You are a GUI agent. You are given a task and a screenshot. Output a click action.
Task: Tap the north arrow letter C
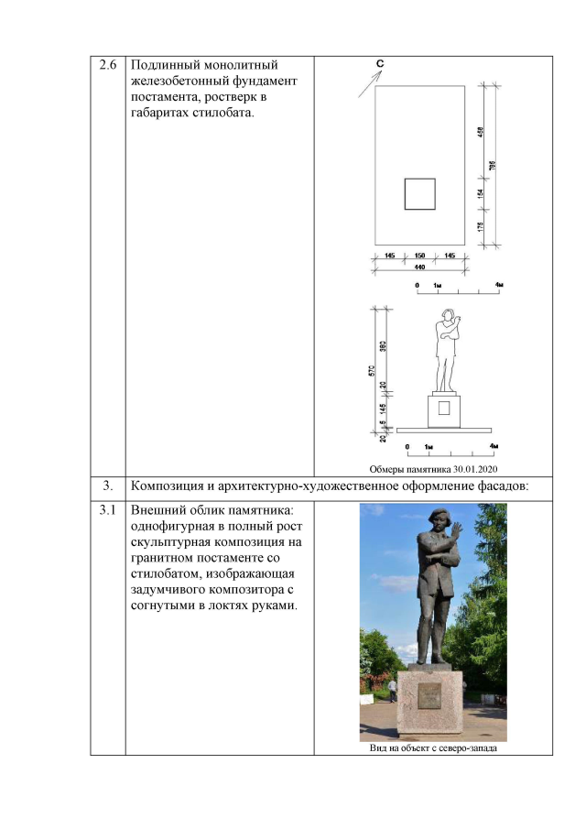379,62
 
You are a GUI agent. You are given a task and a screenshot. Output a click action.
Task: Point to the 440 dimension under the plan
420,267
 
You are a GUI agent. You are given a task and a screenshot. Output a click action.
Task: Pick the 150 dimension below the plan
420,256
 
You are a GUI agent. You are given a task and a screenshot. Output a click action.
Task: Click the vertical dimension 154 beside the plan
480,193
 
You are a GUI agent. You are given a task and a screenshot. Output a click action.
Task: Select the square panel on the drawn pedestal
444,409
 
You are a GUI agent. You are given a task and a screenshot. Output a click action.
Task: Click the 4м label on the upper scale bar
498,286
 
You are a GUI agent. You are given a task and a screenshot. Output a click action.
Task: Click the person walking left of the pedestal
392,691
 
